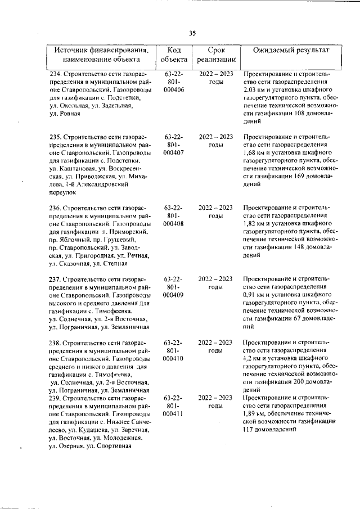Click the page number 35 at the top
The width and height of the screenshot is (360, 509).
tap(192, 33)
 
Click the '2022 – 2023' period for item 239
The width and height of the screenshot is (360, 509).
tap(215, 398)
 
